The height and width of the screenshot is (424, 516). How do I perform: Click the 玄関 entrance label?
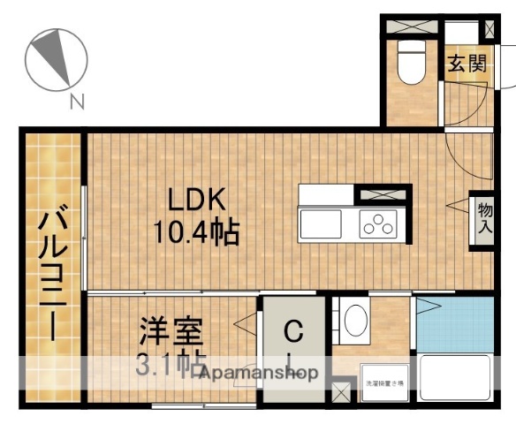[x=467, y=64]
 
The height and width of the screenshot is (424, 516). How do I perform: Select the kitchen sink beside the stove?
[x=328, y=225]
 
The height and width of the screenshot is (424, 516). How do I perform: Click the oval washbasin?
[x=357, y=322]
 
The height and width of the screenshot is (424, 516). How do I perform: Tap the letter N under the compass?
[x=77, y=102]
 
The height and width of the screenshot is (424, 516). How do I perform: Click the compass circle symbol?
[x=55, y=60]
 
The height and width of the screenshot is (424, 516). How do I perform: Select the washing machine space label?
[x=383, y=383]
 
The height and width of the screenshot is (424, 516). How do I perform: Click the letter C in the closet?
[x=294, y=333]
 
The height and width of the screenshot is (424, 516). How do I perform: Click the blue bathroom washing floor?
[x=454, y=325]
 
